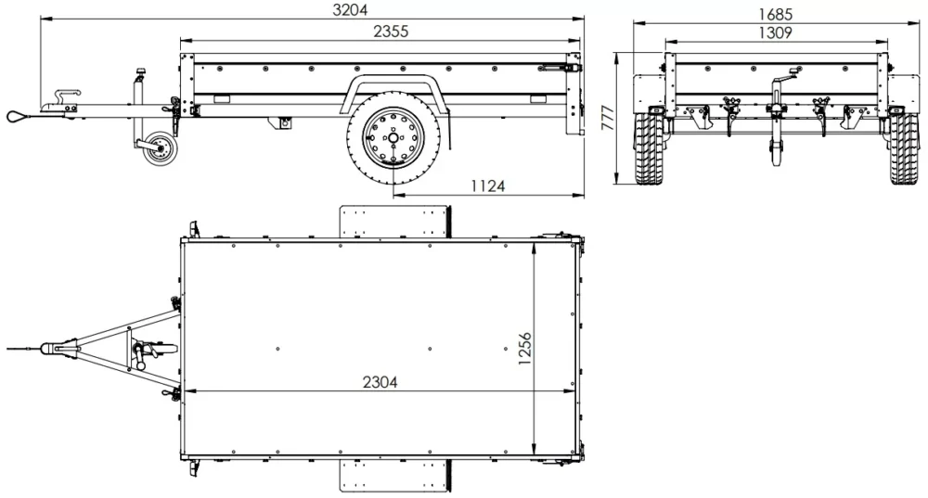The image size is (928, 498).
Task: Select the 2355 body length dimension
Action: (391, 31)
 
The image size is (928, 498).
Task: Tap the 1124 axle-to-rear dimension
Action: (487, 185)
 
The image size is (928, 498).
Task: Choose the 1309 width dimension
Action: (774, 32)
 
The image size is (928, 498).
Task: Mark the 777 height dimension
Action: (607, 119)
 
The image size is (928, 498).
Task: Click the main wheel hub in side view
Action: (393, 140)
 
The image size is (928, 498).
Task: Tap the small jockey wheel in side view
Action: (157, 150)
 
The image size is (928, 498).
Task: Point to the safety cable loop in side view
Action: (19, 115)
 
